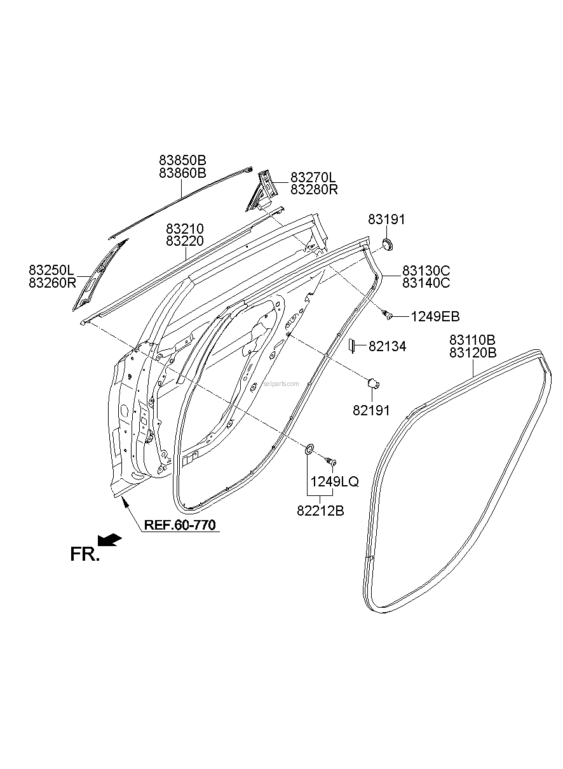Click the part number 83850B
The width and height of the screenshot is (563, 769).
click(x=182, y=160)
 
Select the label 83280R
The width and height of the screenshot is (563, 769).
click(x=314, y=189)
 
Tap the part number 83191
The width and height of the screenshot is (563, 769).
click(x=386, y=219)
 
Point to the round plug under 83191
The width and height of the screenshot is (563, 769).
click(x=388, y=244)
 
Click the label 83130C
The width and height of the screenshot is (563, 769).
click(x=426, y=271)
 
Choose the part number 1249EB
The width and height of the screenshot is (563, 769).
click(x=435, y=316)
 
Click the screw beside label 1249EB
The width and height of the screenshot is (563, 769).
click(x=387, y=314)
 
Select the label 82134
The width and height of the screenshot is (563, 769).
click(x=388, y=346)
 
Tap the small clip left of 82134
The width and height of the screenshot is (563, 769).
click(x=352, y=345)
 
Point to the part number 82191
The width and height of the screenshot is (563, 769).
click(x=371, y=411)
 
